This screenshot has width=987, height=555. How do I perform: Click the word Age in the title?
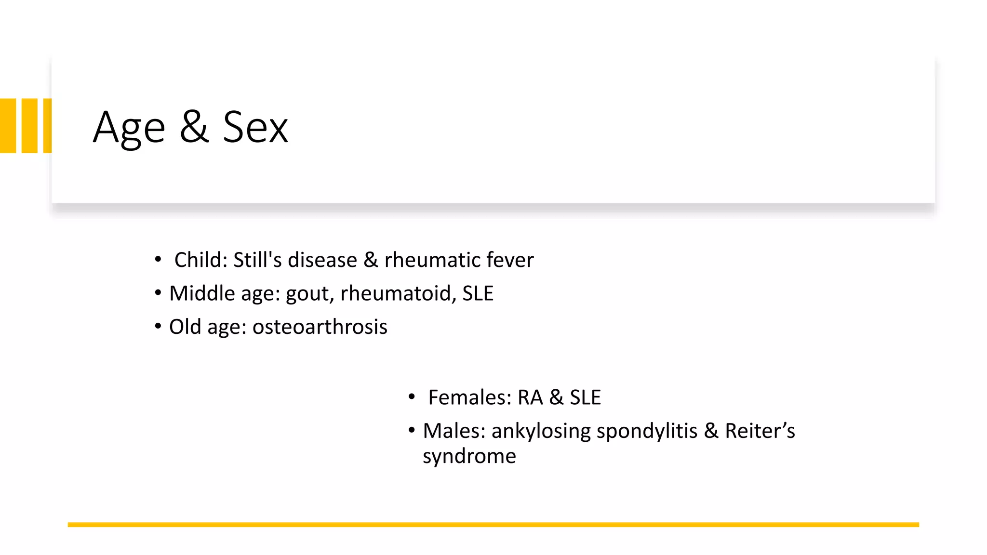[x=129, y=128]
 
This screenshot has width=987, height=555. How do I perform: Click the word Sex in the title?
[x=255, y=127]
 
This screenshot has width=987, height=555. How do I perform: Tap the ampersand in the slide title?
[x=194, y=127]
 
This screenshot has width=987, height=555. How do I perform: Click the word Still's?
[x=257, y=260]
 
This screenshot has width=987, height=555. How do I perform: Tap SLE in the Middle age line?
[x=478, y=293]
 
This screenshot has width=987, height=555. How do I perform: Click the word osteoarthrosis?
[x=320, y=327]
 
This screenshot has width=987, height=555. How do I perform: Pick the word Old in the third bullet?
[x=185, y=327]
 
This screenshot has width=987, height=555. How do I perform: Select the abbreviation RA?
[x=530, y=397]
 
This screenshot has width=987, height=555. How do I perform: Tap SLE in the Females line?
[x=585, y=397]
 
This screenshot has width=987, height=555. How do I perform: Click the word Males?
[x=453, y=431]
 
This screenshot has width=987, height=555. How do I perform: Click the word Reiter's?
[x=760, y=431]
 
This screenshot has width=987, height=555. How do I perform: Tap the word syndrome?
[x=469, y=456]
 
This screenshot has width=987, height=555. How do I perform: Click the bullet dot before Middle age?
[x=158, y=293]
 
